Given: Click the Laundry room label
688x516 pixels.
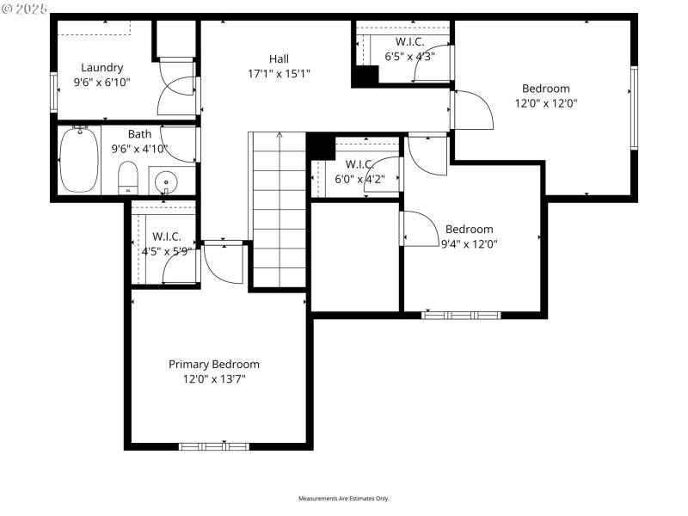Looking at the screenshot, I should (102, 67).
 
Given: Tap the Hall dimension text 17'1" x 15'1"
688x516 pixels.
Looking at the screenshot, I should (279, 73).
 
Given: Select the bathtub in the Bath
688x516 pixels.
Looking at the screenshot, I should (79, 159).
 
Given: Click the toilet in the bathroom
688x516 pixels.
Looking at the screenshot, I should (128, 177).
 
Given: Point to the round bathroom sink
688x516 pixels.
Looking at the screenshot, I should (164, 181).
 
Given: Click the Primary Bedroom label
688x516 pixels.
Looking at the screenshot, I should (213, 364).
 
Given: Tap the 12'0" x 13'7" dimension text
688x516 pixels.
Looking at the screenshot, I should (213, 378).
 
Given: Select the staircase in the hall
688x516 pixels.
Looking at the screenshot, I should (279, 206).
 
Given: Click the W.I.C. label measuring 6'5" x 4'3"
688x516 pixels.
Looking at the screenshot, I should (409, 41).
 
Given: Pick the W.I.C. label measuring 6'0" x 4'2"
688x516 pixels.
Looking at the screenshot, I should (359, 164).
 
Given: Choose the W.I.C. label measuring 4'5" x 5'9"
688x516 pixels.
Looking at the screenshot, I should (166, 236).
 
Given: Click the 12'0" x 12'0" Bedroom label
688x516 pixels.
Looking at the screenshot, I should (545, 88).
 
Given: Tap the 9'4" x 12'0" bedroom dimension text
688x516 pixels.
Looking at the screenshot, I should (469, 243).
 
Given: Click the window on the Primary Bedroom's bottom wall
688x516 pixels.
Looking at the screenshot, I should (213, 446).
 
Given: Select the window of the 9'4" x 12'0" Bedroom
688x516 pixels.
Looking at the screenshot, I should (461, 315).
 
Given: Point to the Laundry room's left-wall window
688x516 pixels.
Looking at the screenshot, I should (54, 91).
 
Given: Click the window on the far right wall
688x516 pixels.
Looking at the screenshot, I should (634, 107).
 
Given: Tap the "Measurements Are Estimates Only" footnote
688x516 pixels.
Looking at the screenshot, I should (344, 499).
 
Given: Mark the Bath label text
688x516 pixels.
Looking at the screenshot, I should (139, 134).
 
